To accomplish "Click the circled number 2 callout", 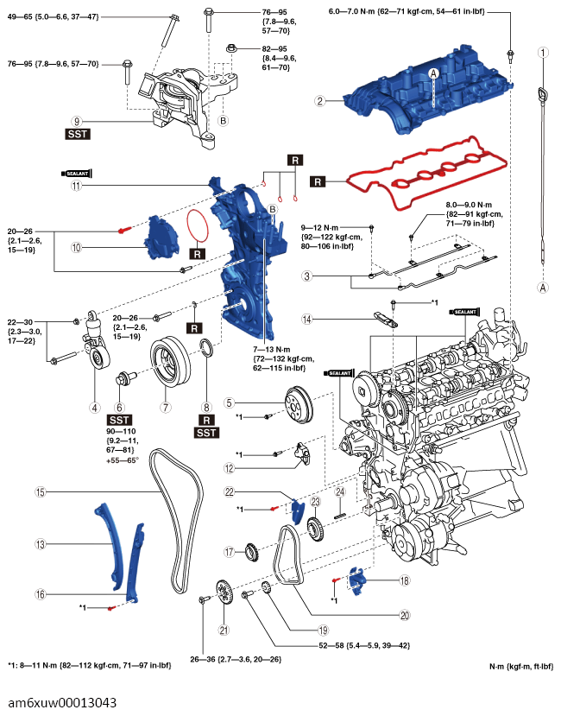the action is (320, 100).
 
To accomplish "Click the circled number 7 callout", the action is (166, 408).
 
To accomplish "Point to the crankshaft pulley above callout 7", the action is (170, 362).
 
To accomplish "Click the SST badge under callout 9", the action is (78, 134).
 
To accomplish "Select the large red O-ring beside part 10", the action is (197, 225).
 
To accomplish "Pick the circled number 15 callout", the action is (41, 491).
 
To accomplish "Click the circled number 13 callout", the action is (41, 544).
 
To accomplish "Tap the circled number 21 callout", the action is (224, 630).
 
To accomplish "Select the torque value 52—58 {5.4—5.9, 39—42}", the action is (364, 646).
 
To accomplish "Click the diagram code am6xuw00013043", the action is (62, 702).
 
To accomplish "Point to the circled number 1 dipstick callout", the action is (543, 53).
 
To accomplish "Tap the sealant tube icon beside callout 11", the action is (77, 174).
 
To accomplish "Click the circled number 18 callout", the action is (405, 580).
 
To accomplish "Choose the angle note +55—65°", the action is (123, 460).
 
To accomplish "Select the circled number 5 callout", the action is (230, 402).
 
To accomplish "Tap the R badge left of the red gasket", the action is (318, 181).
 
